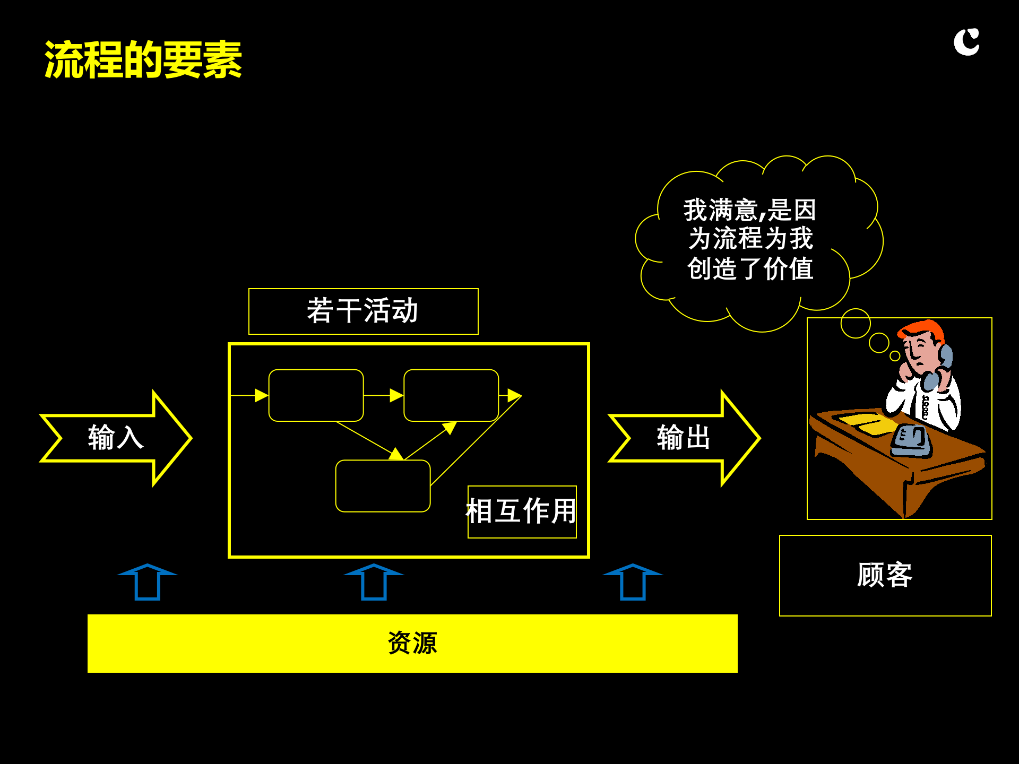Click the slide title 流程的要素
coord(143,60)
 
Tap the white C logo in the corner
coord(966,42)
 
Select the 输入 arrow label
coord(116,438)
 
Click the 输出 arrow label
coord(684,438)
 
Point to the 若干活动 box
coord(363,311)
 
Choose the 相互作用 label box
coord(522,511)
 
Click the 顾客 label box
coord(885,575)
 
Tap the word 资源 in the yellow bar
coord(412,643)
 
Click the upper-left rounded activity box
coord(316,395)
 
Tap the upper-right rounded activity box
coord(451,395)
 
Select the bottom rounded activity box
coord(383,485)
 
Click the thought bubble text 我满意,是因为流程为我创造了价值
coord(749,239)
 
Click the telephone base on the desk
coord(911,442)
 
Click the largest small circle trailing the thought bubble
coord(856,323)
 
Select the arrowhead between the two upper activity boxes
coord(396,395)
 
